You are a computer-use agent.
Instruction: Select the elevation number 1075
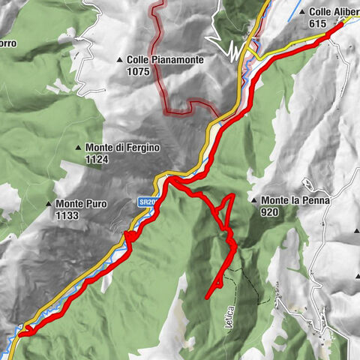click(139, 72)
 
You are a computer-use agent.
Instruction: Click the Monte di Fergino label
click(122, 148)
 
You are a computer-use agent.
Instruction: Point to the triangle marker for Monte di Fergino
click(79, 148)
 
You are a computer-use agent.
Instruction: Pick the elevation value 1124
click(97, 160)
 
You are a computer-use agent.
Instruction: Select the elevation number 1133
click(67, 216)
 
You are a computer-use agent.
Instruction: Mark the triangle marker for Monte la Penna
click(255, 201)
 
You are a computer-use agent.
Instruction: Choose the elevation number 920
click(271, 212)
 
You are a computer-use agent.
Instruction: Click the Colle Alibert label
click(334, 12)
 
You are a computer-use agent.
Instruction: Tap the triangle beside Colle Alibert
click(302, 12)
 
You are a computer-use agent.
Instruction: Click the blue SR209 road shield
click(147, 202)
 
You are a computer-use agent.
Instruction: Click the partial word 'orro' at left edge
click(8, 43)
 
